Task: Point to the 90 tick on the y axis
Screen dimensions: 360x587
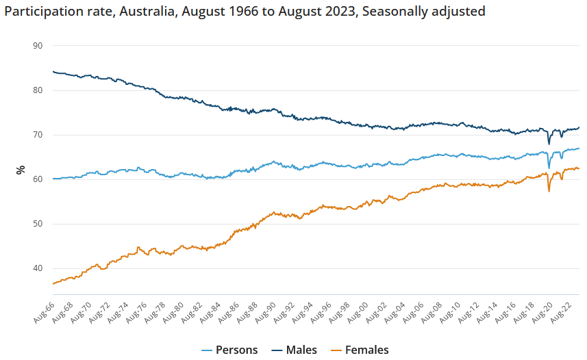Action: (x=38, y=46)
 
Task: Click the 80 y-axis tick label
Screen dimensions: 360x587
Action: (x=38, y=90)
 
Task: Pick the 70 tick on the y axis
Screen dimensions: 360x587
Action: (x=38, y=135)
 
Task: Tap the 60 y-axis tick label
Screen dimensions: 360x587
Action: (x=38, y=179)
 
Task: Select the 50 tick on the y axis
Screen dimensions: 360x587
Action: (x=38, y=224)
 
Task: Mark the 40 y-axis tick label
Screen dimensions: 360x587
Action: (x=38, y=268)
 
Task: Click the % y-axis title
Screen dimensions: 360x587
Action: (x=21, y=169)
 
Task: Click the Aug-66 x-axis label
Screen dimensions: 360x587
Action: (x=43, y=312)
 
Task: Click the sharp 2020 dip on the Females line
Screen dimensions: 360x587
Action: (x=549, y=190)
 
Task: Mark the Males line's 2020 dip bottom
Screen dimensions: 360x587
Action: (x=549, y=143)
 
